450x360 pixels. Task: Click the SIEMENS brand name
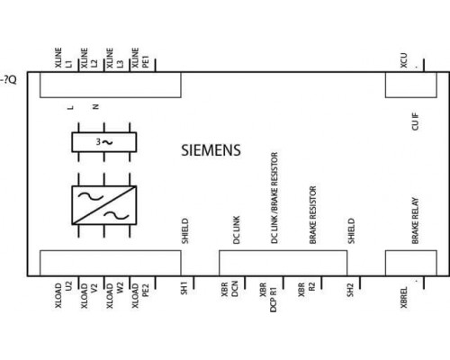tap(211, 150)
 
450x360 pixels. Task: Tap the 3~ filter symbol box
tap(104, 142)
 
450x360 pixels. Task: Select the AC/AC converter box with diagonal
tap(104, 205)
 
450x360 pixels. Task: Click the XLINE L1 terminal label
tap(63, 58)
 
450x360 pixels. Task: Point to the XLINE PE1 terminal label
tap(140, 58)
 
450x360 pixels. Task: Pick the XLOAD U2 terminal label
tap(63, 295)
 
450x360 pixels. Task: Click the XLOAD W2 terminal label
tap(114, 295)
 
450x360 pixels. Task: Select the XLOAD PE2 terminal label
tap(140, 295)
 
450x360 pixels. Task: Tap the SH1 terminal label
tap(184, 288)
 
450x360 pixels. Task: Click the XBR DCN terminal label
tap(229, 289)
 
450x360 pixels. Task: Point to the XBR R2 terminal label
tap(307, 290)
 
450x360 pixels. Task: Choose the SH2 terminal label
tap(351, 290)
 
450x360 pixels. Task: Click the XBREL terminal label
tap(404, 297)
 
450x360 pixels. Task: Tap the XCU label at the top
tap(404, 60)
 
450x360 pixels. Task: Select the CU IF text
tap(415, 121)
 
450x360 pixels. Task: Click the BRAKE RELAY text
tap(415, 220)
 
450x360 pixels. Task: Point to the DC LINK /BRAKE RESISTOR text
tap(274, 198)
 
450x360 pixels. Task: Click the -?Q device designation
tap(8, 80)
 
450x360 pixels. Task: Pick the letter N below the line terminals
tap(96, 106)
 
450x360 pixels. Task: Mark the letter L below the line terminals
tap(70, 107)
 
